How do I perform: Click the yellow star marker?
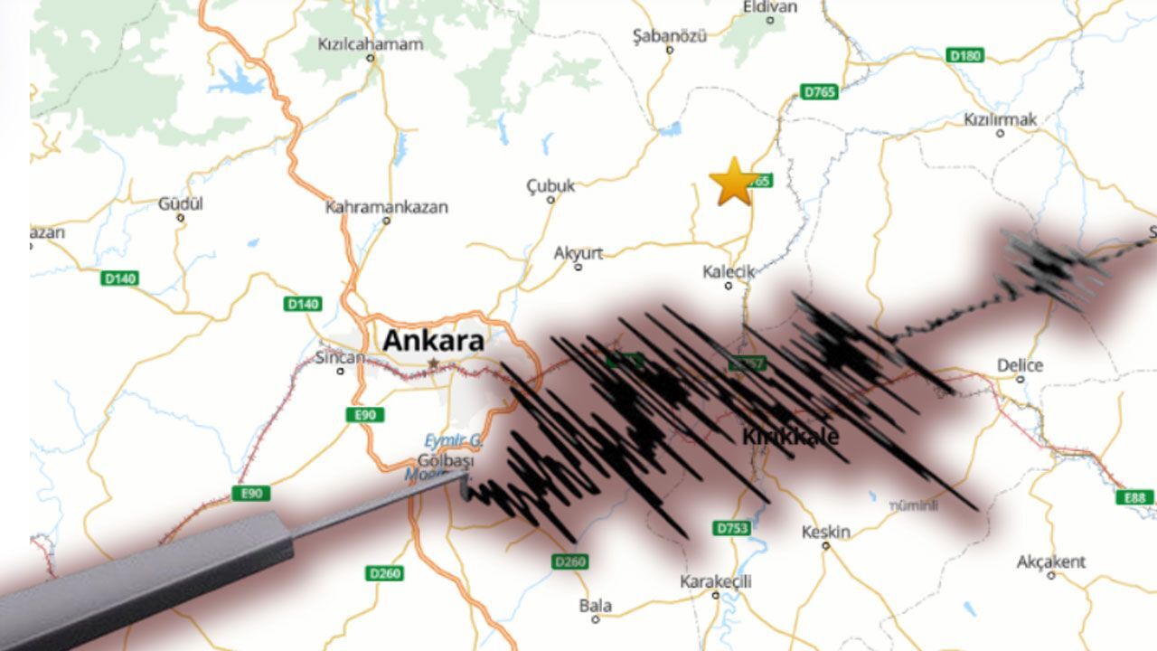pyautogui.click(x=733, y=182)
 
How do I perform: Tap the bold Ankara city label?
pyautogui.click(x=433, y=341)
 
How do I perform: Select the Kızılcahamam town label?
pyautogui.click(x=370, y=43)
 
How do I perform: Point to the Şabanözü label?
pyautogui.click(x=669, y=35)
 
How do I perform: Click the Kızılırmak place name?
pyautogui.click(x=1000, y=119)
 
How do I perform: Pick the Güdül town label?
pyautogui.click(x=181, y=203)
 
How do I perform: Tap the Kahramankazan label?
pyautogui.click(x=386, y=207)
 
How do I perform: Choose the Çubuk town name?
pyautogui.click(x=550, y=186)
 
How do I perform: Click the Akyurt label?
pyautogui.click(x=578, y=253)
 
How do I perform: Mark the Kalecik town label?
pyautogui.click(x=728, y=271)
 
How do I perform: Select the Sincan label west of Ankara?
pyautogui.click(x=340, y=357)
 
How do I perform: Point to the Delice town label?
pyautogui.click(x=1020, y=365)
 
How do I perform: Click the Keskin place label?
pyautogui.click(x=825, y=532)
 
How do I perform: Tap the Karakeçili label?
pyautogui.click(x=715, y=581)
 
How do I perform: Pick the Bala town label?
pyautogui.click(x=595, y=606)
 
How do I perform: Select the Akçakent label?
pyautogui.click(x=1050, y=561)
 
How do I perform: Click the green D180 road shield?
pyautogui.click(x=965, y=55)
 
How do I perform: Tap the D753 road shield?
pyautogui.click(x=731, y=527)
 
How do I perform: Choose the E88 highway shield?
pyautogui.click(x=1134, y=497)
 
